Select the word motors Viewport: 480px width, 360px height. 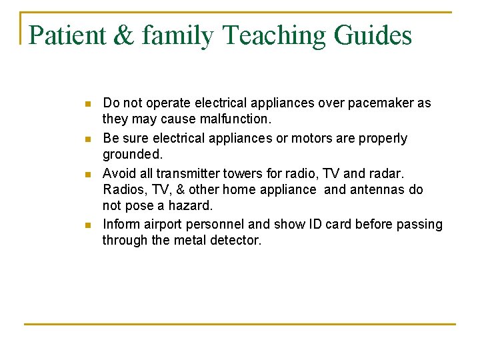click(x=293, y=138)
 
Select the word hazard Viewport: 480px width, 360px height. click(x=190, y=205)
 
